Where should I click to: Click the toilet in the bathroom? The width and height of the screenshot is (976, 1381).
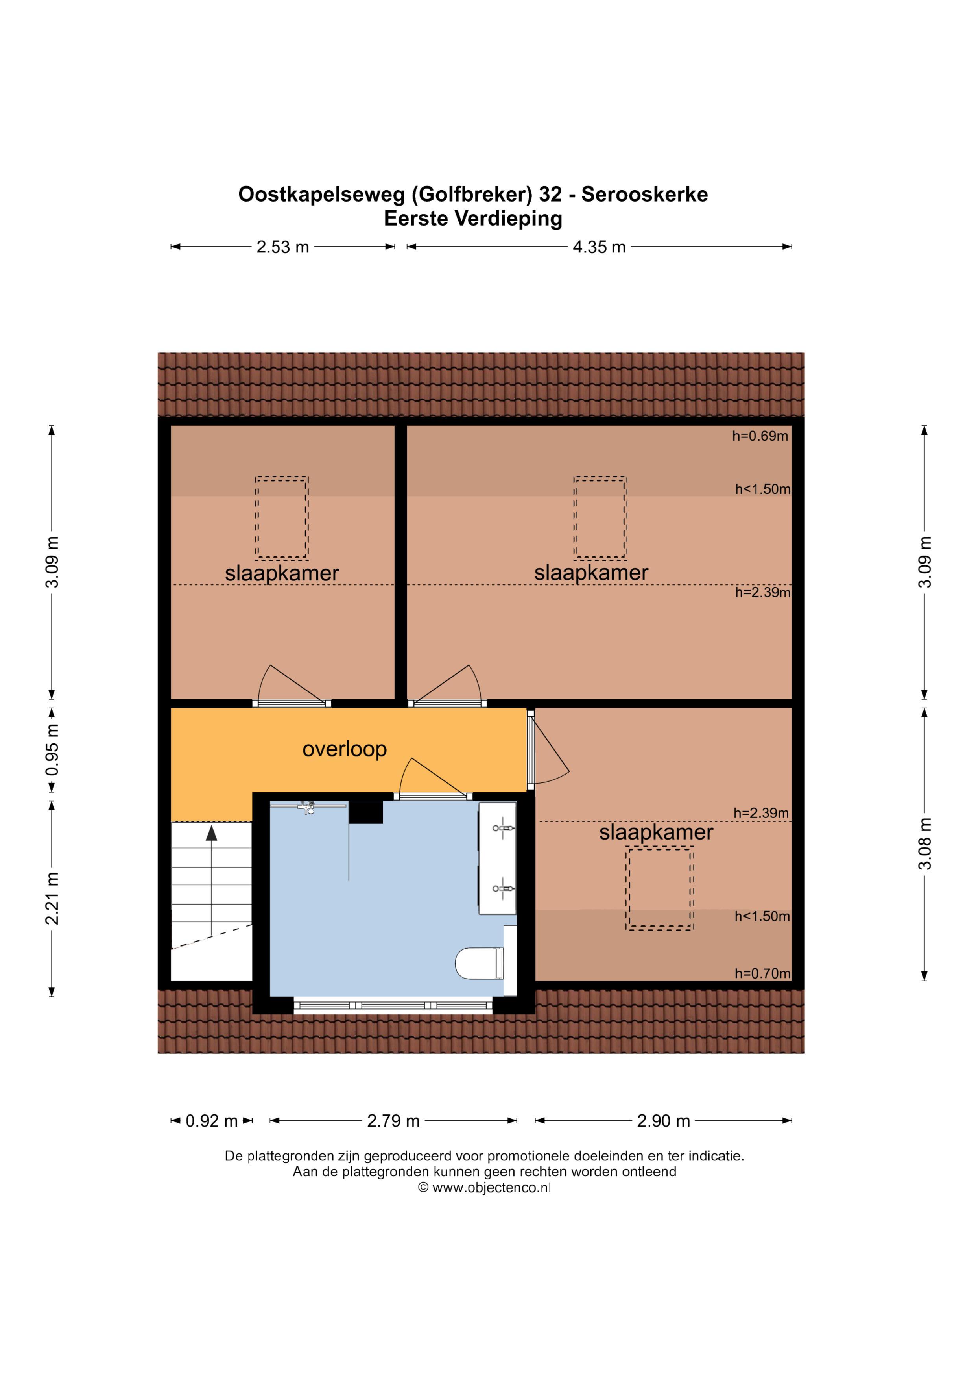[479, 964]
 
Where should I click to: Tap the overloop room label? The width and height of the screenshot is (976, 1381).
[344, 749]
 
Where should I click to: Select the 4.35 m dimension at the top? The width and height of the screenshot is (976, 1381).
[599, 247]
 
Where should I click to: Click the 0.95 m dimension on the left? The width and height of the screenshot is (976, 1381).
[54, 749]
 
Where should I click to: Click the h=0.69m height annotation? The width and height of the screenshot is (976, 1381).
[760, 436]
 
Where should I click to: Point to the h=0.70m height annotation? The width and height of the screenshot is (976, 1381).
[762, 973]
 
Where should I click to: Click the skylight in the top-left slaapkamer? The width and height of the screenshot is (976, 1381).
[282, 518]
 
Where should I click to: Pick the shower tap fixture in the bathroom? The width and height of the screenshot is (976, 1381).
[308, 807]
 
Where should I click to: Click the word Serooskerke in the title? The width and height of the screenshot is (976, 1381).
[644, 194]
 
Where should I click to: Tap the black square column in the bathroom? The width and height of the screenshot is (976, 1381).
[366, 813]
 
